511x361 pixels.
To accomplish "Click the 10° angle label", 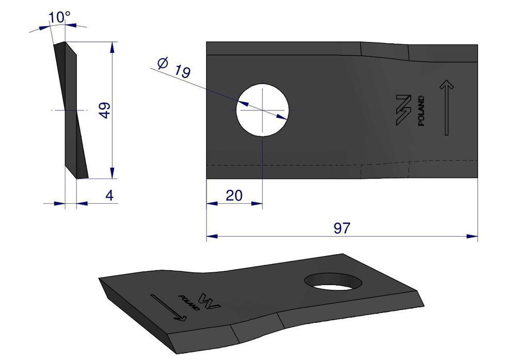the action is [x=59, y=17].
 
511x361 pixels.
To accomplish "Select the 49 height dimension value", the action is [x=105, y=110].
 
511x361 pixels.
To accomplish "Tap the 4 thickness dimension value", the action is [x=109, y=195].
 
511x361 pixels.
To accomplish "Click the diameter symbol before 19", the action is [x=162, y=63].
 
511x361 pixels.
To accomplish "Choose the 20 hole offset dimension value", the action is [x=234, y=195].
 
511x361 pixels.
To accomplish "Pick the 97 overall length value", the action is [x=342, y=228].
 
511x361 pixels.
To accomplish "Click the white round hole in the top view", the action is [x=262, y=110].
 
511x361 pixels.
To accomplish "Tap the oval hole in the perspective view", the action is [x=334, y=282].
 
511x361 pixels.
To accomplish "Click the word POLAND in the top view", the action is [x=421, y=111].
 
